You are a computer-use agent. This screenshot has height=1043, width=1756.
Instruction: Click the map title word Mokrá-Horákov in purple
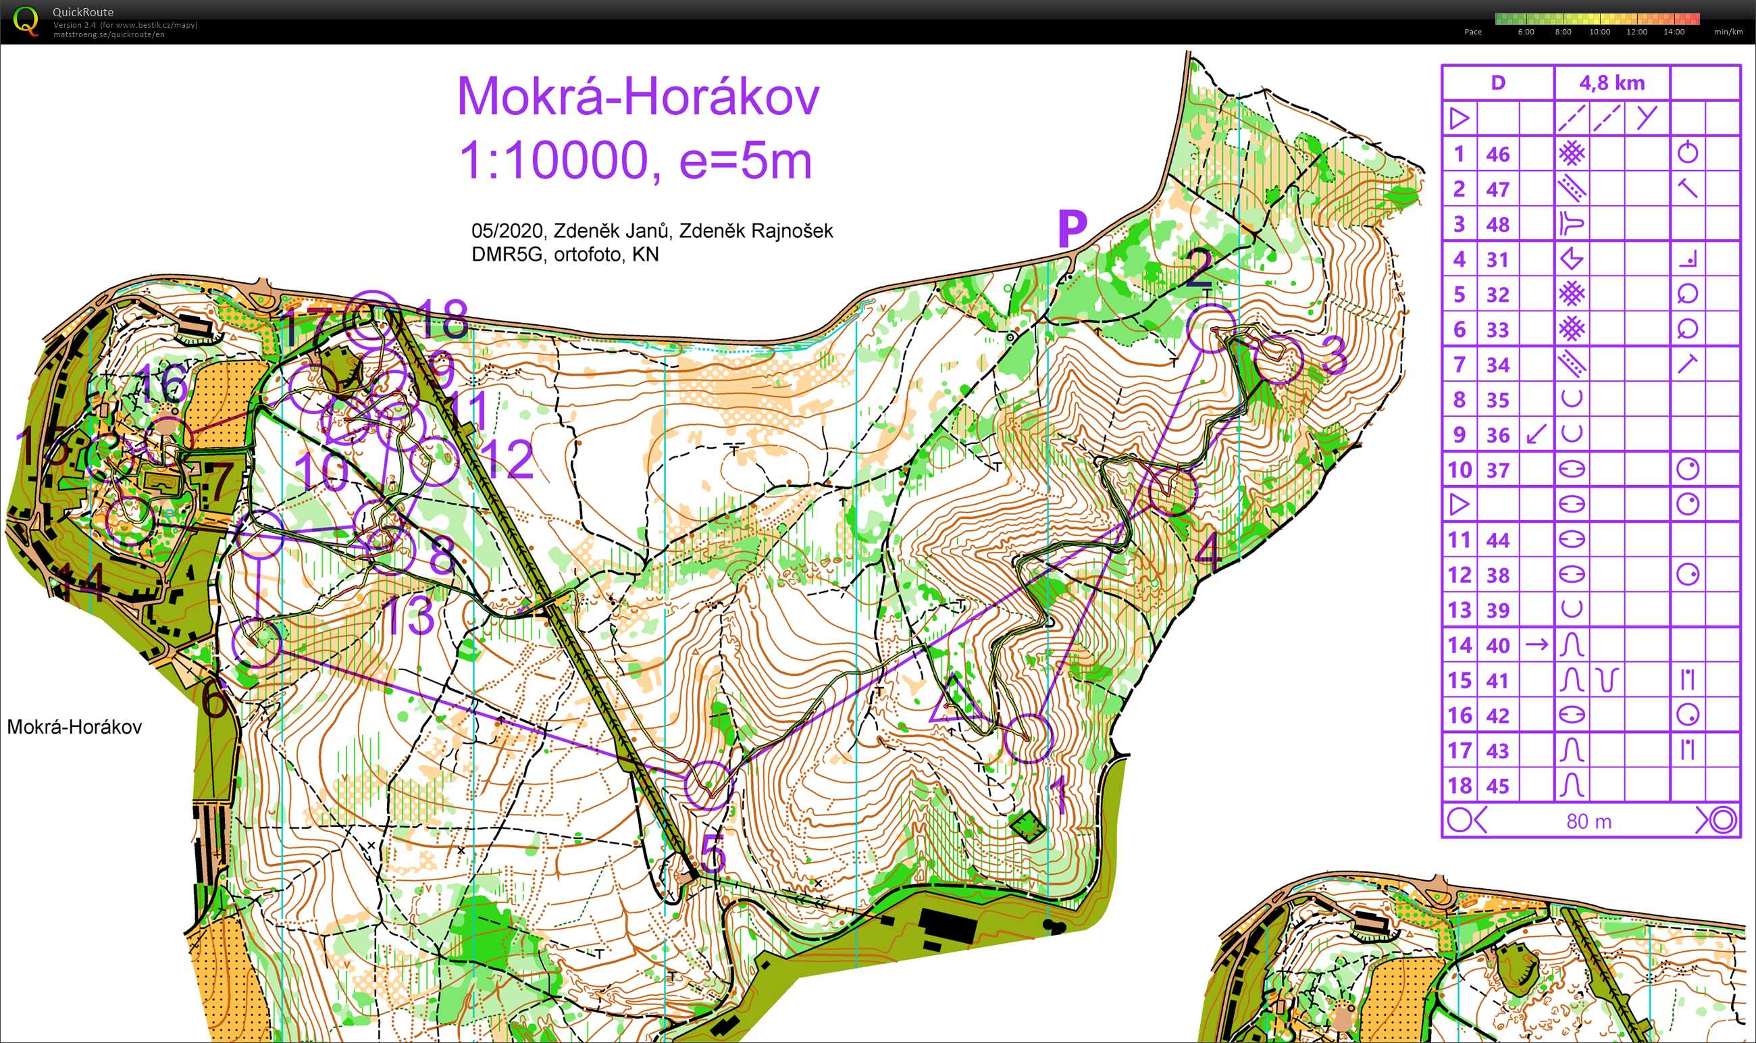[x=638, y=97]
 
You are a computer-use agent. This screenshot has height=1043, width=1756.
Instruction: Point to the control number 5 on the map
[x=713, y=856]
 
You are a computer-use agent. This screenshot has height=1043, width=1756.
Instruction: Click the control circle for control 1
[x=1028, y=738]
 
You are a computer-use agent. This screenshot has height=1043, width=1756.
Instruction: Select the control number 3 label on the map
[x=1334, y=355]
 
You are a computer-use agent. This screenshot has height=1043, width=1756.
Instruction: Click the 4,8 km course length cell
[x=1611, y=83]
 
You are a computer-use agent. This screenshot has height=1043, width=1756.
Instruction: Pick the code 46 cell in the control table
[x=1497, y=154]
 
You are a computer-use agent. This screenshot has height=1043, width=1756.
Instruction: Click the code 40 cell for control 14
[x=1497, y=645]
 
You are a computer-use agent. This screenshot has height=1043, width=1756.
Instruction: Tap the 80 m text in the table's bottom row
[x=1589, y=821]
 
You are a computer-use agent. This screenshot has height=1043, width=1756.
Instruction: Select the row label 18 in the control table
[x=1459, y=786]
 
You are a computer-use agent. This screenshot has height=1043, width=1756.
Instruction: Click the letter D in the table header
[x=1497, y=83]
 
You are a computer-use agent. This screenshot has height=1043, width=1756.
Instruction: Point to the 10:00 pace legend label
[x=1599, y=32]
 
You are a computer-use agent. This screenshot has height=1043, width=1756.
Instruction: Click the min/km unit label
[x=1728, y=32]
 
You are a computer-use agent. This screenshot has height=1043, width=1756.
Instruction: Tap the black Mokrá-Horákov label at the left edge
[x=74, y=727]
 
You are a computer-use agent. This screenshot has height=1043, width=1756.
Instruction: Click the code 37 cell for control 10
[x=1497, y=469]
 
